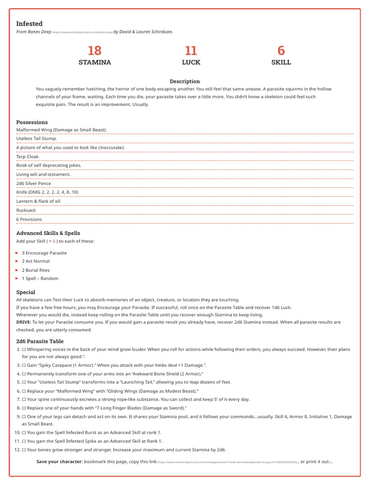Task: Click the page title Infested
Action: coord(29,23)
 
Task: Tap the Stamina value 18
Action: coord(95,51)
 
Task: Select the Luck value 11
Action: coord(191,51)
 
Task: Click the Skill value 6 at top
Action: coord(281,51)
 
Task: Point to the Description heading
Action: coord(184,81)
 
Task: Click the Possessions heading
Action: coord(32,122)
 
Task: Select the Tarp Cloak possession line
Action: coord(28,156)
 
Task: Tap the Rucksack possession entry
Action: coord(26,210)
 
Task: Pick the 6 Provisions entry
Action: coord(29,219)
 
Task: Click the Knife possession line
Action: coord(47,192)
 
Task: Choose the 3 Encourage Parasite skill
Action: coord(44,253)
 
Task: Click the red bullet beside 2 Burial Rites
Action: coord(17,270)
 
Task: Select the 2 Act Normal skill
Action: coord(35,261)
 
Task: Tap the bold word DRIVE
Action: coord(24,322)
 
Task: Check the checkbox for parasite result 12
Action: coord(24,450)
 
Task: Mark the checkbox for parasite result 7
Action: coord(24,399)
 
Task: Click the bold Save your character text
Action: coord(59,462)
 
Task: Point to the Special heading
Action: coord(26,292)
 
